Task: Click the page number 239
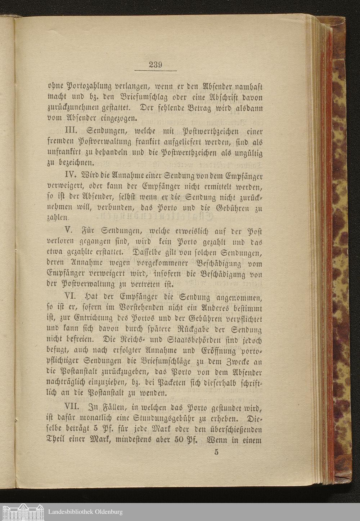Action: point(156,65)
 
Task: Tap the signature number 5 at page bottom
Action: point(216,452)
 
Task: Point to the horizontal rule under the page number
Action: point(156,71)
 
